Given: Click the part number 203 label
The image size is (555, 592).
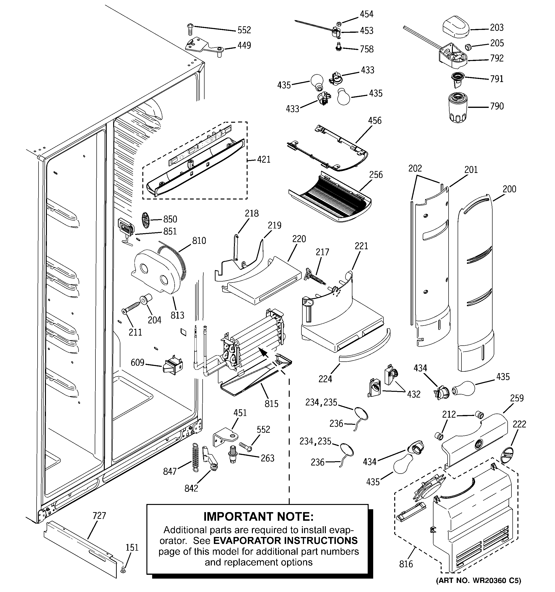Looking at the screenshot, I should tap(497, 28).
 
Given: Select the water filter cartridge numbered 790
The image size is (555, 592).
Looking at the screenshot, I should tap(458, 107).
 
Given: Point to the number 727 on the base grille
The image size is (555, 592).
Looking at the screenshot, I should tap(99, 515).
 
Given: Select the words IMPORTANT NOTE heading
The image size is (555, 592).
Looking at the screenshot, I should tap(258, 517).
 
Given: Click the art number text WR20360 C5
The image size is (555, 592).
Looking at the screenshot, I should tap(478, 580).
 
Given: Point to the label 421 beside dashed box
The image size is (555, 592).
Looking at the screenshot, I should tap(264, 160).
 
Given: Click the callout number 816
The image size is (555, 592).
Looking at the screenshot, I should tap(406, 564).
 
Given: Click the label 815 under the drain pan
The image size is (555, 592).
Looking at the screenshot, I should tap(271, 404).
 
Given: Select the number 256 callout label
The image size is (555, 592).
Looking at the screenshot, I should tap(376, 175).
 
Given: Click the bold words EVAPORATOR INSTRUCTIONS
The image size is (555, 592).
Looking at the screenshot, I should tap(285, 541).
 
